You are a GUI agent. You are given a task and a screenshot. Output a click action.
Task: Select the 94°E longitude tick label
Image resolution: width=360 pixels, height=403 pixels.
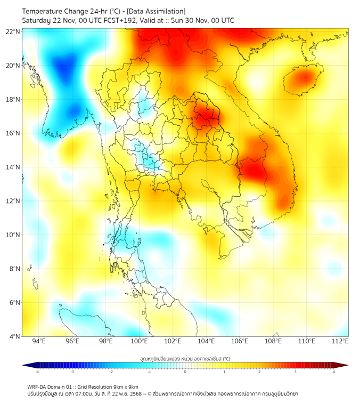coord(39,341)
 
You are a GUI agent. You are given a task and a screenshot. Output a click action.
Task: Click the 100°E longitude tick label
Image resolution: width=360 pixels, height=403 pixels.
coord(140,341)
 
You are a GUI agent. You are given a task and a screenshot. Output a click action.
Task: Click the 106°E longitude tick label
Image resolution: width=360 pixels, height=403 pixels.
coord(240,341)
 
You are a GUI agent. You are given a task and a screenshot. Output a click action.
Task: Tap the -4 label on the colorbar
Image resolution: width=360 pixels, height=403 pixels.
coord(37,372)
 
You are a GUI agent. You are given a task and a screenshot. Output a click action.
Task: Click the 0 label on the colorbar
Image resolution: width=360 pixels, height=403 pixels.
coord(185,372)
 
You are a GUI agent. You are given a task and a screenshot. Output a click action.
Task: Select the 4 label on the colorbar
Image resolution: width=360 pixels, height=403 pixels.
coord(334,372)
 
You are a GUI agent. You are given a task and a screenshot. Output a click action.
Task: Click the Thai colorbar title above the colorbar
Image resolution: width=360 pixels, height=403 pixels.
coord(185,358)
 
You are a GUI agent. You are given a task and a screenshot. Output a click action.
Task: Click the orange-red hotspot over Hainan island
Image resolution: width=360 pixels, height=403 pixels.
coord(304,79)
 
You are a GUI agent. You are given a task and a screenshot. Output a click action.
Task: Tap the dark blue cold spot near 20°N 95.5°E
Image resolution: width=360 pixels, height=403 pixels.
coord(64,67)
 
